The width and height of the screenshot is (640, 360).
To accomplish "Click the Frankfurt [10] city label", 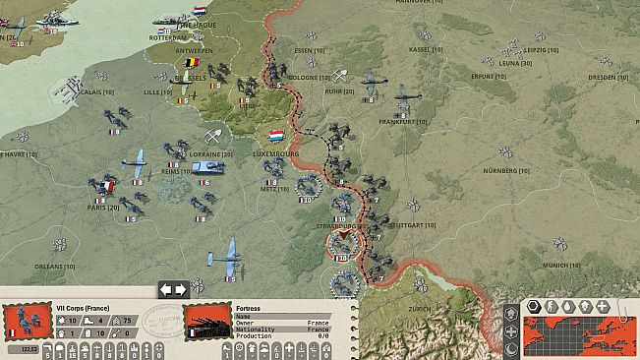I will click(x=403, y=121).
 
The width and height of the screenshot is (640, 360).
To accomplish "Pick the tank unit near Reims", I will click(x=209, y=168).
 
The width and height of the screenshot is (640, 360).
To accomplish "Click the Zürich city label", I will click(x=420, y=308).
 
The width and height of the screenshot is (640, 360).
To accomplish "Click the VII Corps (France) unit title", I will click(x=83, y=308).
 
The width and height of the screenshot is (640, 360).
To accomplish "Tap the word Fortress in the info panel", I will click(x=249, y=308).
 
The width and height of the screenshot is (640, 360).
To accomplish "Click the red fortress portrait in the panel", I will click(x=207, y=322).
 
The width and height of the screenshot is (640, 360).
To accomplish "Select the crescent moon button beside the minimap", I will click(x=512, y=350).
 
